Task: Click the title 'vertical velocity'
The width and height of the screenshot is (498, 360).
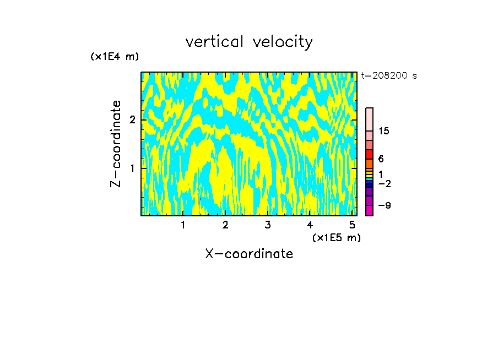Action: coord(249,42)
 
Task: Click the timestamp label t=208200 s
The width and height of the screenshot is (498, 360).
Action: coord(388,76)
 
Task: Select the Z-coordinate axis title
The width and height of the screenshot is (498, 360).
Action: coord(116,144)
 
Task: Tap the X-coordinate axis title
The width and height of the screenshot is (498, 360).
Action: coord(249,254)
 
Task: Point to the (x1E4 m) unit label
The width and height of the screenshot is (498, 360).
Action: coord(115,57)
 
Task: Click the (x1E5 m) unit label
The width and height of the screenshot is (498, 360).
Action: coord(336,237)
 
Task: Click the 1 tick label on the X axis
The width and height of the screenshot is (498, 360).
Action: coord(183,225)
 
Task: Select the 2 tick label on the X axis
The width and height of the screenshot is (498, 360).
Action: coord(225,225)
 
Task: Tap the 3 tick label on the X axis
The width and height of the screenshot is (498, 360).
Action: coord(268,225)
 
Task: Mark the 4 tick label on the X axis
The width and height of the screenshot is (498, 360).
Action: coord(310,225)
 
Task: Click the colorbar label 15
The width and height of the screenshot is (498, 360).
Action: coord(384,131)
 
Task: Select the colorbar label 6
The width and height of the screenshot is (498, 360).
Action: coord(381,159)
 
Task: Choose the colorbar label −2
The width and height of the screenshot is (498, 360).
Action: coord(384,183)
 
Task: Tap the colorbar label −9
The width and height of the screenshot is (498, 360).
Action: coord(384,205)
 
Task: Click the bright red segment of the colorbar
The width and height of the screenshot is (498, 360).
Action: coord(369,154)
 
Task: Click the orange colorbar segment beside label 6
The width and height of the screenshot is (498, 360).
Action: coord(369,163)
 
